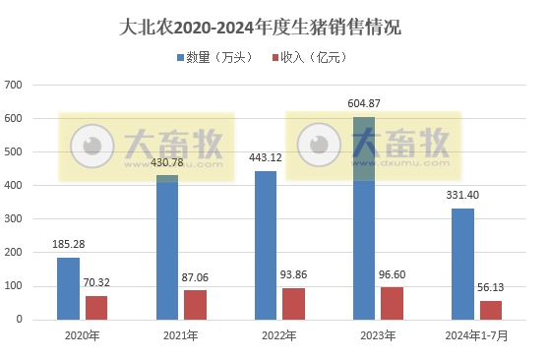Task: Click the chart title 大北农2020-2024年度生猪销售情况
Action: click(274, 27)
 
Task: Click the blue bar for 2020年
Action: click(69, 288)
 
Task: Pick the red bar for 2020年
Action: click(96, 307)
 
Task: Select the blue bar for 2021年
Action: click(167, 247)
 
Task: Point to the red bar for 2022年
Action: click(293, 303)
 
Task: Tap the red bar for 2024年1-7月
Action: click(490, 310)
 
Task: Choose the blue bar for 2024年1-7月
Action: click(462, 264)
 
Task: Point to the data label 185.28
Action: click(69, 245)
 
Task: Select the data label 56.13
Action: click(490, 289)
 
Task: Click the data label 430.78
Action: click(167, 162)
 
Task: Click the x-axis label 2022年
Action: click(279, 336)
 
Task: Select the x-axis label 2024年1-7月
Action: click(476, 336)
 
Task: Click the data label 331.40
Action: click(462, 196)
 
